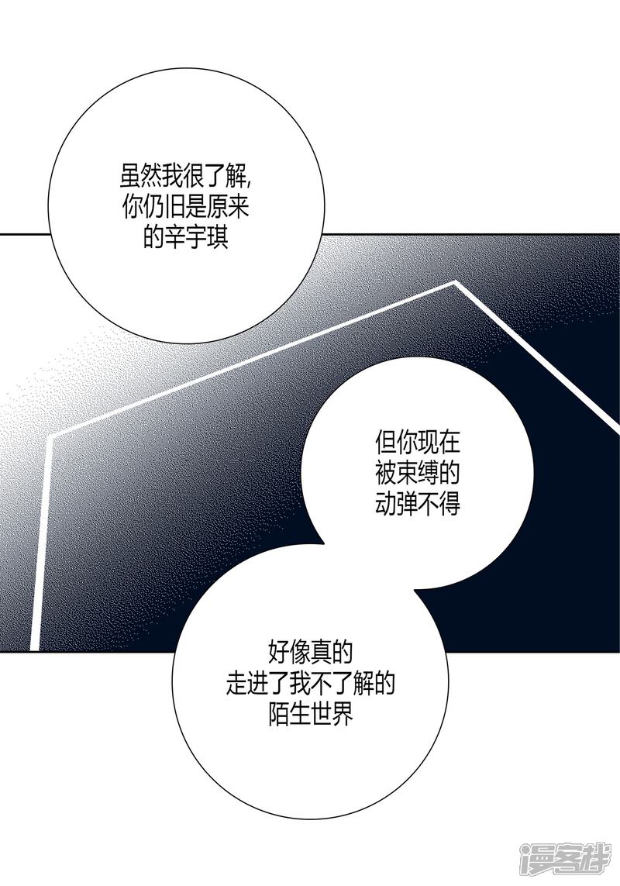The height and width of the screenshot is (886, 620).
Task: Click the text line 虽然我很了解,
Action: pyautogui.click(x=186, y=177)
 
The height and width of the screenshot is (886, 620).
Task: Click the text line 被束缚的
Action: pyautogui.click(x=418, y=474)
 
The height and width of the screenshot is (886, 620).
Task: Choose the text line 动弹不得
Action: pyautogui.click(x=418, y=504)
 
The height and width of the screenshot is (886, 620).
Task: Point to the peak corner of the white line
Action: pyautogui.click(x=455, y=284)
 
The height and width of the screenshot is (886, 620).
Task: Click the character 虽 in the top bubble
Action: pyautogui.click(x=129, y=177)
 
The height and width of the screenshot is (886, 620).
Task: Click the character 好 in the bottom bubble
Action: pyautogui.click(x=277, y=653)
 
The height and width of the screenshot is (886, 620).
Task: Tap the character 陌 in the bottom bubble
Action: pyautogui.click(x=277, y=713)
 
